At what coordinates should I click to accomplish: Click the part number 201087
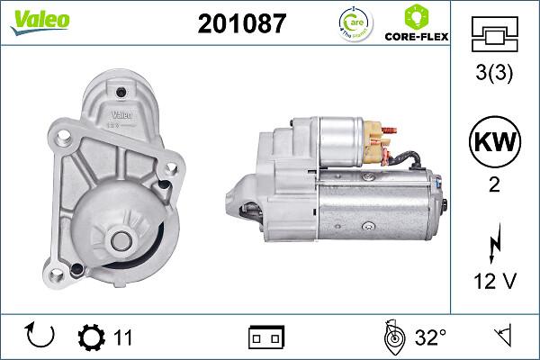240,24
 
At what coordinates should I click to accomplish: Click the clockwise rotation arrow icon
40,337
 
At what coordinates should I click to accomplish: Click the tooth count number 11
123,337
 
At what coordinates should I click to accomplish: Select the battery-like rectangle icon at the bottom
265,337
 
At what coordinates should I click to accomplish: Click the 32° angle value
430,337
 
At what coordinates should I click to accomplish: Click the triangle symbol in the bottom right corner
500,337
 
